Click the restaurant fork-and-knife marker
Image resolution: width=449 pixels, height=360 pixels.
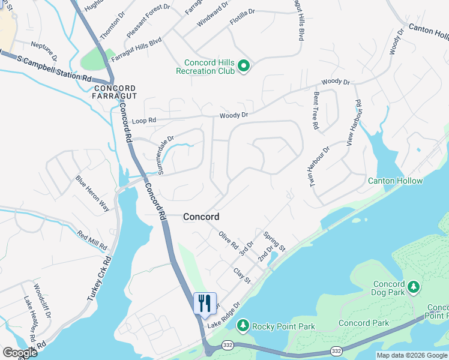(205, 303)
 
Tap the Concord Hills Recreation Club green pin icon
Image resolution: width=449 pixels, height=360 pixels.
(244, 66)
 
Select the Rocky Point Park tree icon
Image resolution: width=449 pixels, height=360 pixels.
(243, 326)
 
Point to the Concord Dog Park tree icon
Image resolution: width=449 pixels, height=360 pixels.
(413, 287)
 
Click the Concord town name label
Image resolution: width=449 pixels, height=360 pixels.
(201, 217)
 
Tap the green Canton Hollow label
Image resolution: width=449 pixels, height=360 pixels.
(395, 181)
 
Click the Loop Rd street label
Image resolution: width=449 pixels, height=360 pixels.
(143, 121)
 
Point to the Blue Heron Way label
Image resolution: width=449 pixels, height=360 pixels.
(92, 194)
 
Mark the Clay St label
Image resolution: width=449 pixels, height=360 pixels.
(241, 276)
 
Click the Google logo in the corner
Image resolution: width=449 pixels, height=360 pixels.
(20, 353)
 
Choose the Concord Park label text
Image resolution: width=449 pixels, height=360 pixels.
(364, 323)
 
